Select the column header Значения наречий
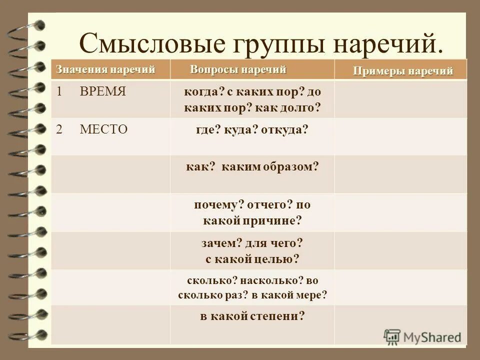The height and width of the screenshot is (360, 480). pyautogui.click(x=105, y=69)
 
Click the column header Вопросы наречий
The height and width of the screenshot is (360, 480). pyautogui.click(x=238, y=69)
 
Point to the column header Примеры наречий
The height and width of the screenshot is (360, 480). pyautogui.click(x=403, y=71)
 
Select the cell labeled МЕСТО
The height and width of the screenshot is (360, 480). pyautogui.click(x=103, y=129)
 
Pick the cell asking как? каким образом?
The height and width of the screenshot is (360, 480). pyautogui.click(x=252, y=167)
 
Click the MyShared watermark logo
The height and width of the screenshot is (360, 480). pyautogui.click(x=422, y=337)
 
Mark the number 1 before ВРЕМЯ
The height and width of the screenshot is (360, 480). pyautogui.click(x=59, y=91)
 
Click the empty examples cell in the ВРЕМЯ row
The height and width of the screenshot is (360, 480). pyautogui.click(x=400, y=99)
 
